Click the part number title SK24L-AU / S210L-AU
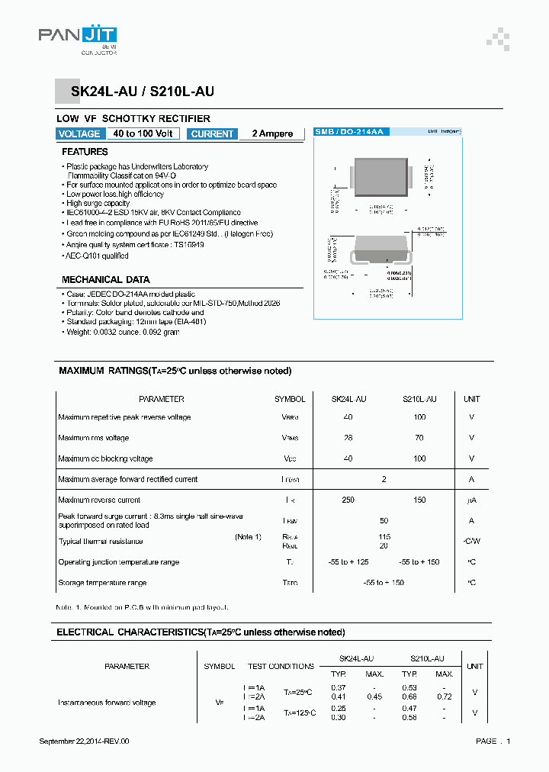(x=143, y=92)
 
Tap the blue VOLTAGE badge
(x=79, y=133)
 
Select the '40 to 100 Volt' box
(x=143, y=133)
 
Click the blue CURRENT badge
(x=212, y=133)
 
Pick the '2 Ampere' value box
(x=272, y=133)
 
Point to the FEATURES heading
(x=85, y=152)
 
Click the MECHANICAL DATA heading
(x=105, y=280)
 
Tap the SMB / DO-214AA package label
(x=350, y=132)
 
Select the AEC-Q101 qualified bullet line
(x=98, y=256)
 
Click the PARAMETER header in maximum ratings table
(x=161, y=399)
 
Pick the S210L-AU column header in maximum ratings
(x=419, y=399)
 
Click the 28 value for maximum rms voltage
(x=348, y=438)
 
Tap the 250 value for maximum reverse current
(x=348, y=500)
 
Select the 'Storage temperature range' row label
(x=102, y=583)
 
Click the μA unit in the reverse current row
(x=471, y=500)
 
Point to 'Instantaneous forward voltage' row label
(x=107, y=703)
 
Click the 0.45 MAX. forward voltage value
(x=374, y=696)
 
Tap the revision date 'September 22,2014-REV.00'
(x=84, y=741)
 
